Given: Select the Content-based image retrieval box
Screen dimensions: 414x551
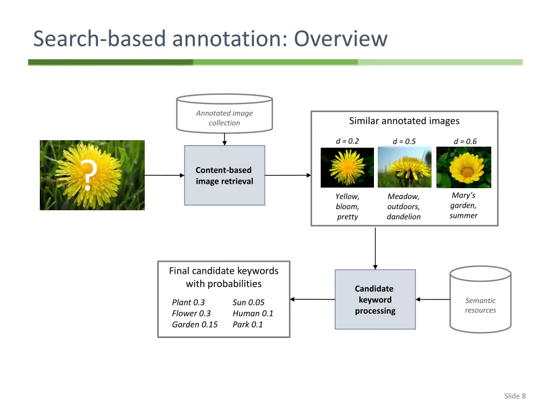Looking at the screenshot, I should (224, 175).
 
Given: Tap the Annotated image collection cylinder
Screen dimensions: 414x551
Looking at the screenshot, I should (224, 115).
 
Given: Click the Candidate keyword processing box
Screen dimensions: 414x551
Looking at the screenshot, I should (375, 300).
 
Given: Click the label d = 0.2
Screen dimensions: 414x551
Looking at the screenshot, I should (347, 141).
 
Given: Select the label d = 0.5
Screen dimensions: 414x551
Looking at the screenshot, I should (404, 141).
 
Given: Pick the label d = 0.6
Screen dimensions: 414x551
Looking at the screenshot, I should (465, 141).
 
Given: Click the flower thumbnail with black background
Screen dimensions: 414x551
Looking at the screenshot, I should (347, 167).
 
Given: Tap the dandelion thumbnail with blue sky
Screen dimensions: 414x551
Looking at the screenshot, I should (404, 167).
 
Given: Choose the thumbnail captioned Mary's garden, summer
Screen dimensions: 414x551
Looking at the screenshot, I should (464, 167).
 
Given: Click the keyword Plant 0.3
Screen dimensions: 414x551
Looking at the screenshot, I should (188, 302).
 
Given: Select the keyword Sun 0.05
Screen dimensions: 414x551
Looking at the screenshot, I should (249, 302).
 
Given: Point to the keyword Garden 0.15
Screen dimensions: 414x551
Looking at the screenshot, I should (195, 325).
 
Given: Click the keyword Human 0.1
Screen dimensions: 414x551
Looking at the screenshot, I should (253, 313).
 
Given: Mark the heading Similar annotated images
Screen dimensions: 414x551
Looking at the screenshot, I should (404, 121).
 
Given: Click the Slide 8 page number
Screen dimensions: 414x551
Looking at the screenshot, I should (514, 396).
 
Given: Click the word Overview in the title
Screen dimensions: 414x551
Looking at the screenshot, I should (341, 39).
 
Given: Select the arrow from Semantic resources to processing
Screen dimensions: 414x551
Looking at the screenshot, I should (433, 299).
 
